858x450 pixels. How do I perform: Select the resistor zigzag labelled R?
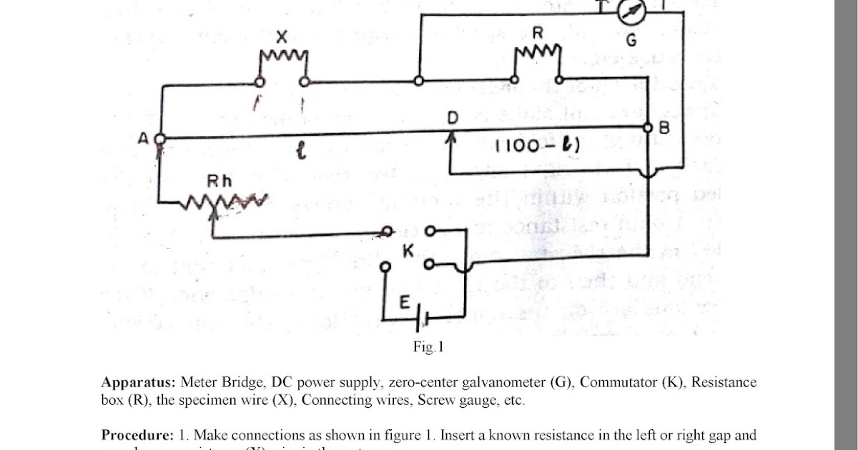pyautogui.click(x=537, y=51)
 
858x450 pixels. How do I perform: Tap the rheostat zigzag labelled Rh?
pyautogui.click(x=222, y=203)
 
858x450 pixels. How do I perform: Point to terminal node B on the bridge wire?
pyautogui.click(x=648, y=128)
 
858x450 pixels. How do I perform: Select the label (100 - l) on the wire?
pyautogui.click(x=528, y=146)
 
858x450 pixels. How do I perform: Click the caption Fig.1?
pyautogui.click(x=429, y=348)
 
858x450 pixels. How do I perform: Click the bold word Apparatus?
pyautogui.click(x=139, y=382)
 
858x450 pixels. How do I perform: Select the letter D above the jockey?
pyautogui.click(x=453, y=118)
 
